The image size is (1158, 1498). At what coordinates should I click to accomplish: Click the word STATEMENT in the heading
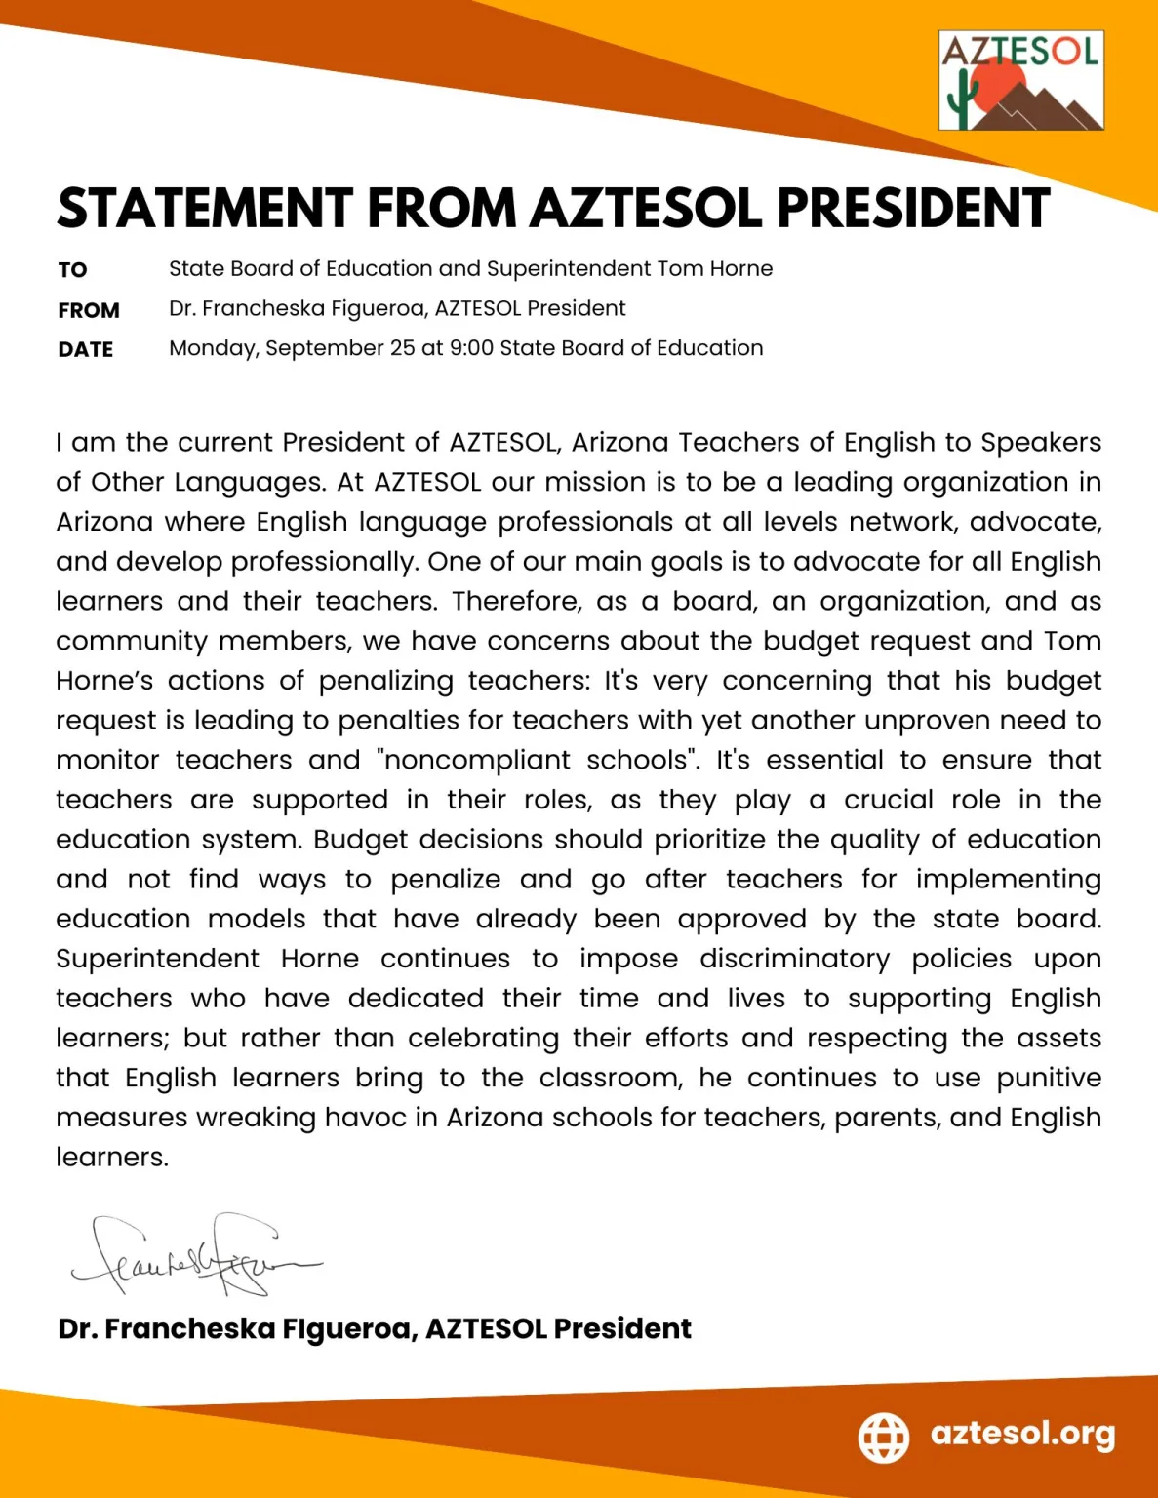point(205,208)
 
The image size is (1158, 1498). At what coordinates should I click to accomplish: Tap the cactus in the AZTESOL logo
point(962,101)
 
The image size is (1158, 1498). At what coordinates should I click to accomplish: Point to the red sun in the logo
point(997,83)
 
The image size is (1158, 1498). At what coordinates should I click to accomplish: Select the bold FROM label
point(89,310)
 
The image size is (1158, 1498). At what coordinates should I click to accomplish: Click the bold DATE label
point(86,349)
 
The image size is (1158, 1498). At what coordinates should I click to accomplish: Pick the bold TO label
point(72,270)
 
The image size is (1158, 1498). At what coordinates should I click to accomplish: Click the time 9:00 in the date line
point(472,348)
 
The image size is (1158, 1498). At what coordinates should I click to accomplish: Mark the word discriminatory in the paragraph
point(795,959)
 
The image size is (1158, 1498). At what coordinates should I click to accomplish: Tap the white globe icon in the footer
point(884,1437)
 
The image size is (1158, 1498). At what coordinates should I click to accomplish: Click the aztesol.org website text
point(1022,1434)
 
